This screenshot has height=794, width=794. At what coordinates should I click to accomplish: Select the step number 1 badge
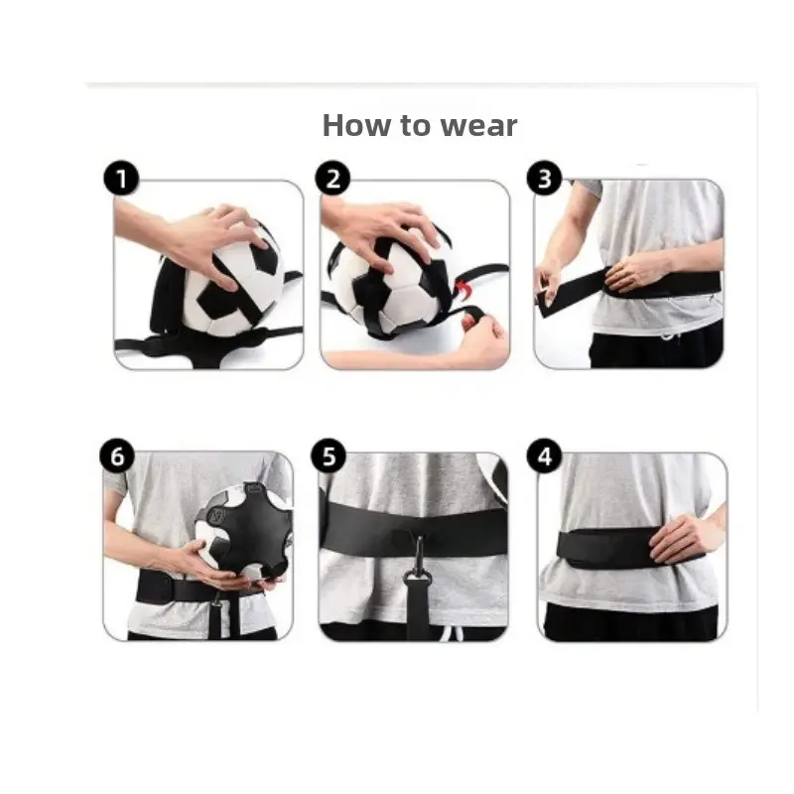click(x=121, y=179)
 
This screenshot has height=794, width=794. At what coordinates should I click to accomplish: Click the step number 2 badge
click(x=332, y=179)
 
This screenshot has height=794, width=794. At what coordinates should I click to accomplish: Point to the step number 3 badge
click(x=544, y=179)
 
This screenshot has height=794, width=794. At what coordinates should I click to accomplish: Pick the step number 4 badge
click(x=544, y=456)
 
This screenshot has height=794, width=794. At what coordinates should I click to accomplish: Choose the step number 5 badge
click(x=329, y=456)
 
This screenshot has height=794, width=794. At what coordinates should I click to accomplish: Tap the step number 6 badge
click(x=117, y=456)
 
